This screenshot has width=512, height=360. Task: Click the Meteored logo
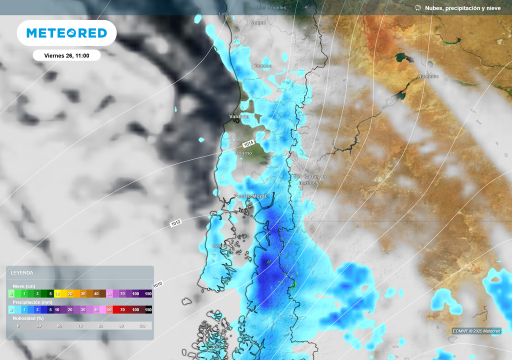pos(66,33)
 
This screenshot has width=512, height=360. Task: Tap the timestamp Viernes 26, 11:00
pos(66,55)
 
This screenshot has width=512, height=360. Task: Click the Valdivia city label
pos(239,116)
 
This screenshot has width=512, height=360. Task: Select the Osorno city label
pos(243,153)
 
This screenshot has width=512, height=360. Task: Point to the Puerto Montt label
pos(250,196)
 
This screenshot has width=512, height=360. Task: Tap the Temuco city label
pos(263,66)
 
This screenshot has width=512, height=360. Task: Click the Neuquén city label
pos(428,76)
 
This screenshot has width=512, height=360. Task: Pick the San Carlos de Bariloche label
pos(310,179)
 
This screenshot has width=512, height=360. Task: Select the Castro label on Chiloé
pos(219,246)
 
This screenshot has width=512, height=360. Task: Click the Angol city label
pos(258,23)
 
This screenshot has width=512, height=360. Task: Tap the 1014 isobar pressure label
pos(249,143)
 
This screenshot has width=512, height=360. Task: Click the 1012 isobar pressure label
pos(175,223)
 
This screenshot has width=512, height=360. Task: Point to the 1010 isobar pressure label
pos(158,284)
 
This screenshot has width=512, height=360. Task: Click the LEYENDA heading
pos(22,273)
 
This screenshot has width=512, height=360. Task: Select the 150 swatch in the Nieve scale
pos(148,294)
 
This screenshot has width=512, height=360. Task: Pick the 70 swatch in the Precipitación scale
pos(122,310)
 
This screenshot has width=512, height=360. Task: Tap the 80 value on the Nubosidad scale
pos(100,326)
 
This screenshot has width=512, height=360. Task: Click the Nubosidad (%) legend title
pos(28,318)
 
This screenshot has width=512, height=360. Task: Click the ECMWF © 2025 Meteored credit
pos(476,331)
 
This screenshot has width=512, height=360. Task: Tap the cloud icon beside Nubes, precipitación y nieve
pos(418,8)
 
